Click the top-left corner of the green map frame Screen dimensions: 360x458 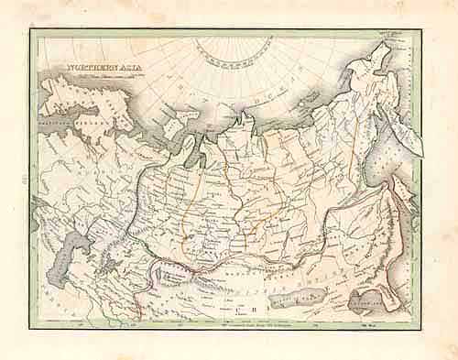[31, 32]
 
